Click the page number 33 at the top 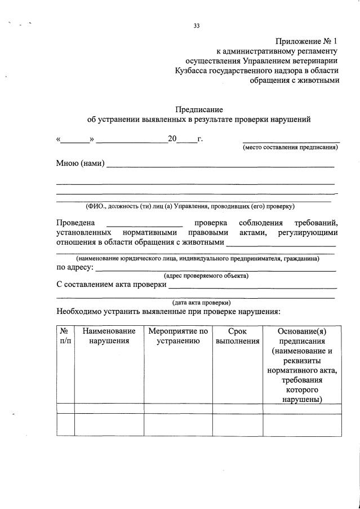coord(197,25)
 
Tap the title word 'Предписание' coord(199,109)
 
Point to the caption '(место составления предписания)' coord(290,148)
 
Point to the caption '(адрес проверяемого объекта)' coord(206,276)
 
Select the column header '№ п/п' coord(65,336)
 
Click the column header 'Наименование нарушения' coord(109,336)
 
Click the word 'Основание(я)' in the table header coord(301,331)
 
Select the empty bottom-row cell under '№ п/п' coord(65,424)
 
